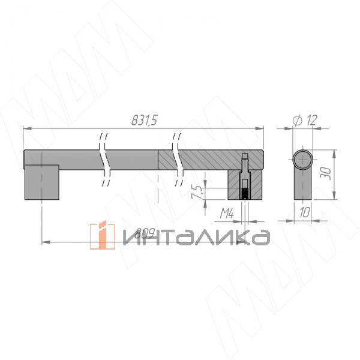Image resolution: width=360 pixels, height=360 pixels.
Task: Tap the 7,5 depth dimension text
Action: (x=196, y=193)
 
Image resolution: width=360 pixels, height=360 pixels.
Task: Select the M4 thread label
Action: (x=227, y=212)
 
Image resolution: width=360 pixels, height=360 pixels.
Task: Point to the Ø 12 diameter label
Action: (x=305, y=121)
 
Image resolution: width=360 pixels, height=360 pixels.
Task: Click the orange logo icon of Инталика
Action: (x=102, y=235)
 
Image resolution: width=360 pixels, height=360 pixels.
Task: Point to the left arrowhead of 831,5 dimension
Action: (x=25, y=128)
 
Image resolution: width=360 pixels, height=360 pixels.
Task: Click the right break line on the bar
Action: (x=177, y=159)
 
